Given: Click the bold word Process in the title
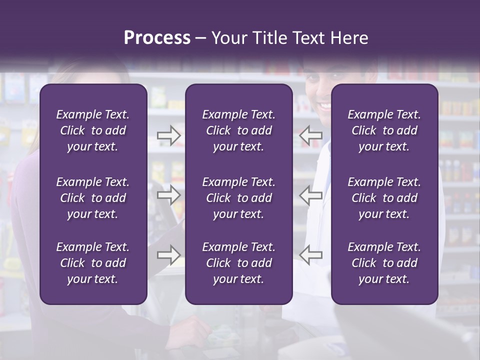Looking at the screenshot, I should click(157, 38).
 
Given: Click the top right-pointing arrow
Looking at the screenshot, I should click(168, 135).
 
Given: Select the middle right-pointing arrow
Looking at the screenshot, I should click(168, 195).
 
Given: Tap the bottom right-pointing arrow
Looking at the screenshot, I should click(168, 255).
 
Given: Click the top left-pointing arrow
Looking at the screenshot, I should click(311, 135).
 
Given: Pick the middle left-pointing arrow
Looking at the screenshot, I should click(311, 195).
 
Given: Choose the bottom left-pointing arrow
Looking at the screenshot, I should click(311, 255).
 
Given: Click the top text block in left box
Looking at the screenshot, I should click(93, 130).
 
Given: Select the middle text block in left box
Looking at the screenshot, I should click(93, 198).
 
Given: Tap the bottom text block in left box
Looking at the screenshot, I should click(93, 263).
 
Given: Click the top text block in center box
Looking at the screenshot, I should click(238, 130).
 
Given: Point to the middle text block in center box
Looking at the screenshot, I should click(238, 198).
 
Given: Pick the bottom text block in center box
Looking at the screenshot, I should click(238, 263).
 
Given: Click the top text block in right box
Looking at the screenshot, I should click(384, 130).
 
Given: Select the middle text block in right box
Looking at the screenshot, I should click(384, 198).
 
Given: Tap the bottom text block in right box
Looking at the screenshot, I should click(384, 263).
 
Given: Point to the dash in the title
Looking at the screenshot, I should click(200, 38).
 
